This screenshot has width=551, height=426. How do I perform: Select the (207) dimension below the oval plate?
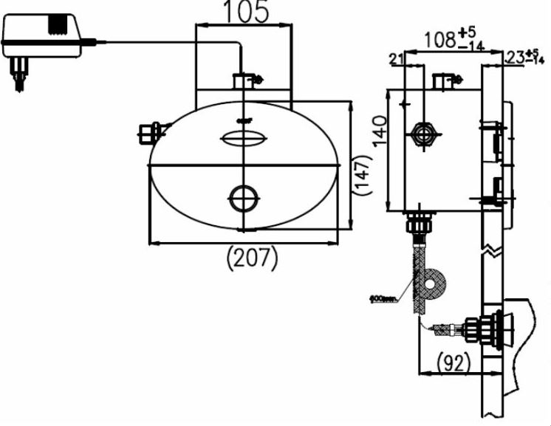coord(253,258)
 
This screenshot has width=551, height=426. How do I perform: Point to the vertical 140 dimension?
coord(379,132)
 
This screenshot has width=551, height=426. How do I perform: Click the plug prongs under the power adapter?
coord(18,72)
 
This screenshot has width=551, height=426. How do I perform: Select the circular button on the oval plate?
coord(243,197)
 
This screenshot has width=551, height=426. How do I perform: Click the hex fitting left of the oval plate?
coord(148,133)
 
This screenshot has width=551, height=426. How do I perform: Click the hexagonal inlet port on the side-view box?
coord(422,134)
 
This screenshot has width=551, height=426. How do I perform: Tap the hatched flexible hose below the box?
coord(418,266)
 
